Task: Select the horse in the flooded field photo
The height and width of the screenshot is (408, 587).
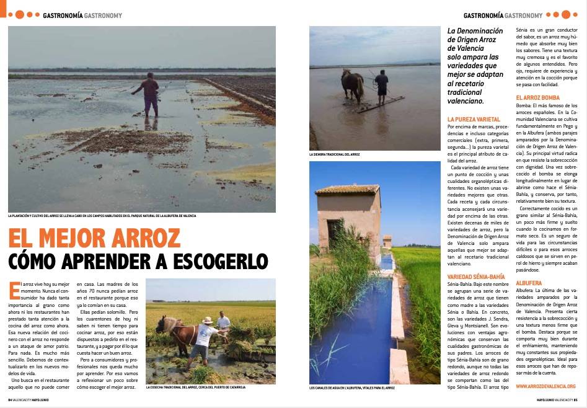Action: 352,84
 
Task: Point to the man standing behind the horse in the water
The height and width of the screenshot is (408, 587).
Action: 381,86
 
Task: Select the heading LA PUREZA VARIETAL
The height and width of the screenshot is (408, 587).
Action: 474,118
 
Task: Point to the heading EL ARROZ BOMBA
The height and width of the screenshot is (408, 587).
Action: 537,98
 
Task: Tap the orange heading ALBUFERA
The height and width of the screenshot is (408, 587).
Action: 528,283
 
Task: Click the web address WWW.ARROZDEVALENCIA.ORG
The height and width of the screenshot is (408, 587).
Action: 545,386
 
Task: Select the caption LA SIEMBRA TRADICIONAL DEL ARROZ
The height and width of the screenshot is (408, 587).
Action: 334,154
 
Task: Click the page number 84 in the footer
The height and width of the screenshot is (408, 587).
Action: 11,399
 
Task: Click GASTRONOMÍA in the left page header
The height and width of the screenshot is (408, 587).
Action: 63,16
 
